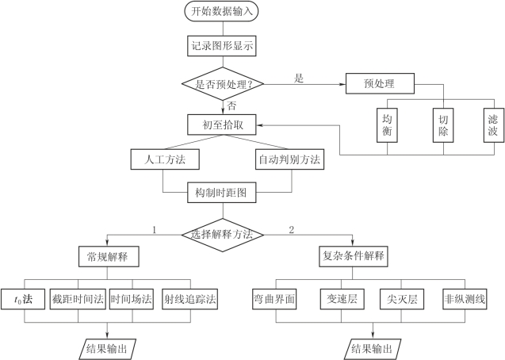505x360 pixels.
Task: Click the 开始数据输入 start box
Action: (221, 12)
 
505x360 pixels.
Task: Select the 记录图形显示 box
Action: (222, 46)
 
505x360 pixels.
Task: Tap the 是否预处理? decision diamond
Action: (221, 82)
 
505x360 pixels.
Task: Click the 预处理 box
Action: (381, 82)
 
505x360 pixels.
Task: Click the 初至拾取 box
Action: (222, 124)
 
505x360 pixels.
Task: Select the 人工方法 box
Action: (163, 159)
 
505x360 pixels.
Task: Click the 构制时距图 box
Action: (221, 192)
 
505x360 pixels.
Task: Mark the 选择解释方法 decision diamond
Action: (222, 234)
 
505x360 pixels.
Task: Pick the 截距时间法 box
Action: (78, 299)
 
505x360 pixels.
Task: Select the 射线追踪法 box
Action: (190, 299)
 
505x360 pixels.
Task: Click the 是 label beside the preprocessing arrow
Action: (299, 78)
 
